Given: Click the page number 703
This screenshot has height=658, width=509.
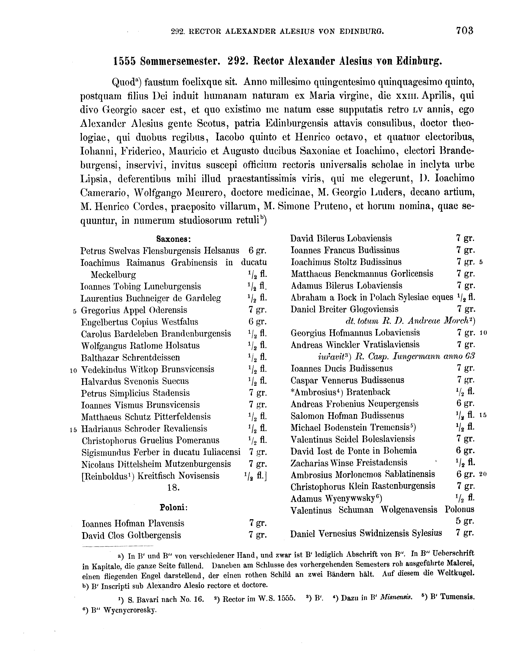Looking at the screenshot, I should (464, 31).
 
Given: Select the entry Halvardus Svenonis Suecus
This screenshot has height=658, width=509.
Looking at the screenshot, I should (135, 381).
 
